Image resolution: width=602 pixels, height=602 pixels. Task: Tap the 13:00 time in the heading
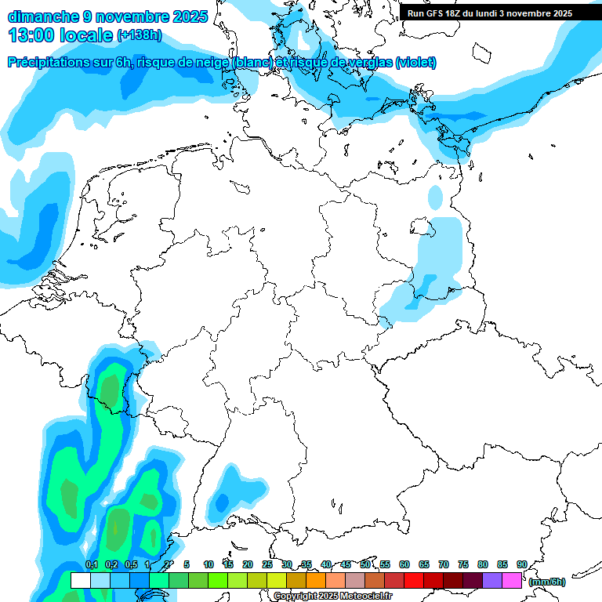(32, 35)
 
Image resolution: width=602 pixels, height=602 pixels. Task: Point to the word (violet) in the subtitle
(415, 63)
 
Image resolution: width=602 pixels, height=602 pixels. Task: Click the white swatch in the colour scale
(80, 581)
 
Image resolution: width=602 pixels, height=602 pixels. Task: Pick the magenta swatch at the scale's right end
(512, 581)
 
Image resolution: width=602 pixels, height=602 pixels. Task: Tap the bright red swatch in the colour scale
(414, 581)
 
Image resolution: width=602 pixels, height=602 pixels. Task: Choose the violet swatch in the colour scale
(492, 581)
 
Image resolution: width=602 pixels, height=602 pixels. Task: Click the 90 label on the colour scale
(521, 564)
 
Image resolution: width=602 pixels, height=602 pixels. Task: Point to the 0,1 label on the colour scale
(92, 564)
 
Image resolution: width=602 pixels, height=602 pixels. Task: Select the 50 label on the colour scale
(365, 564)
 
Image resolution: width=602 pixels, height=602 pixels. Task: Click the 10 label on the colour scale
(209, 564)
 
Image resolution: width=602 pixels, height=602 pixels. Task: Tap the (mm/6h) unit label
(547, 582)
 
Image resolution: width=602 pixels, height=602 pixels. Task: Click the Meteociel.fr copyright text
(368, 597)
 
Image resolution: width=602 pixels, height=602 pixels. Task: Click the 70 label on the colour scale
(444, 564)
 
